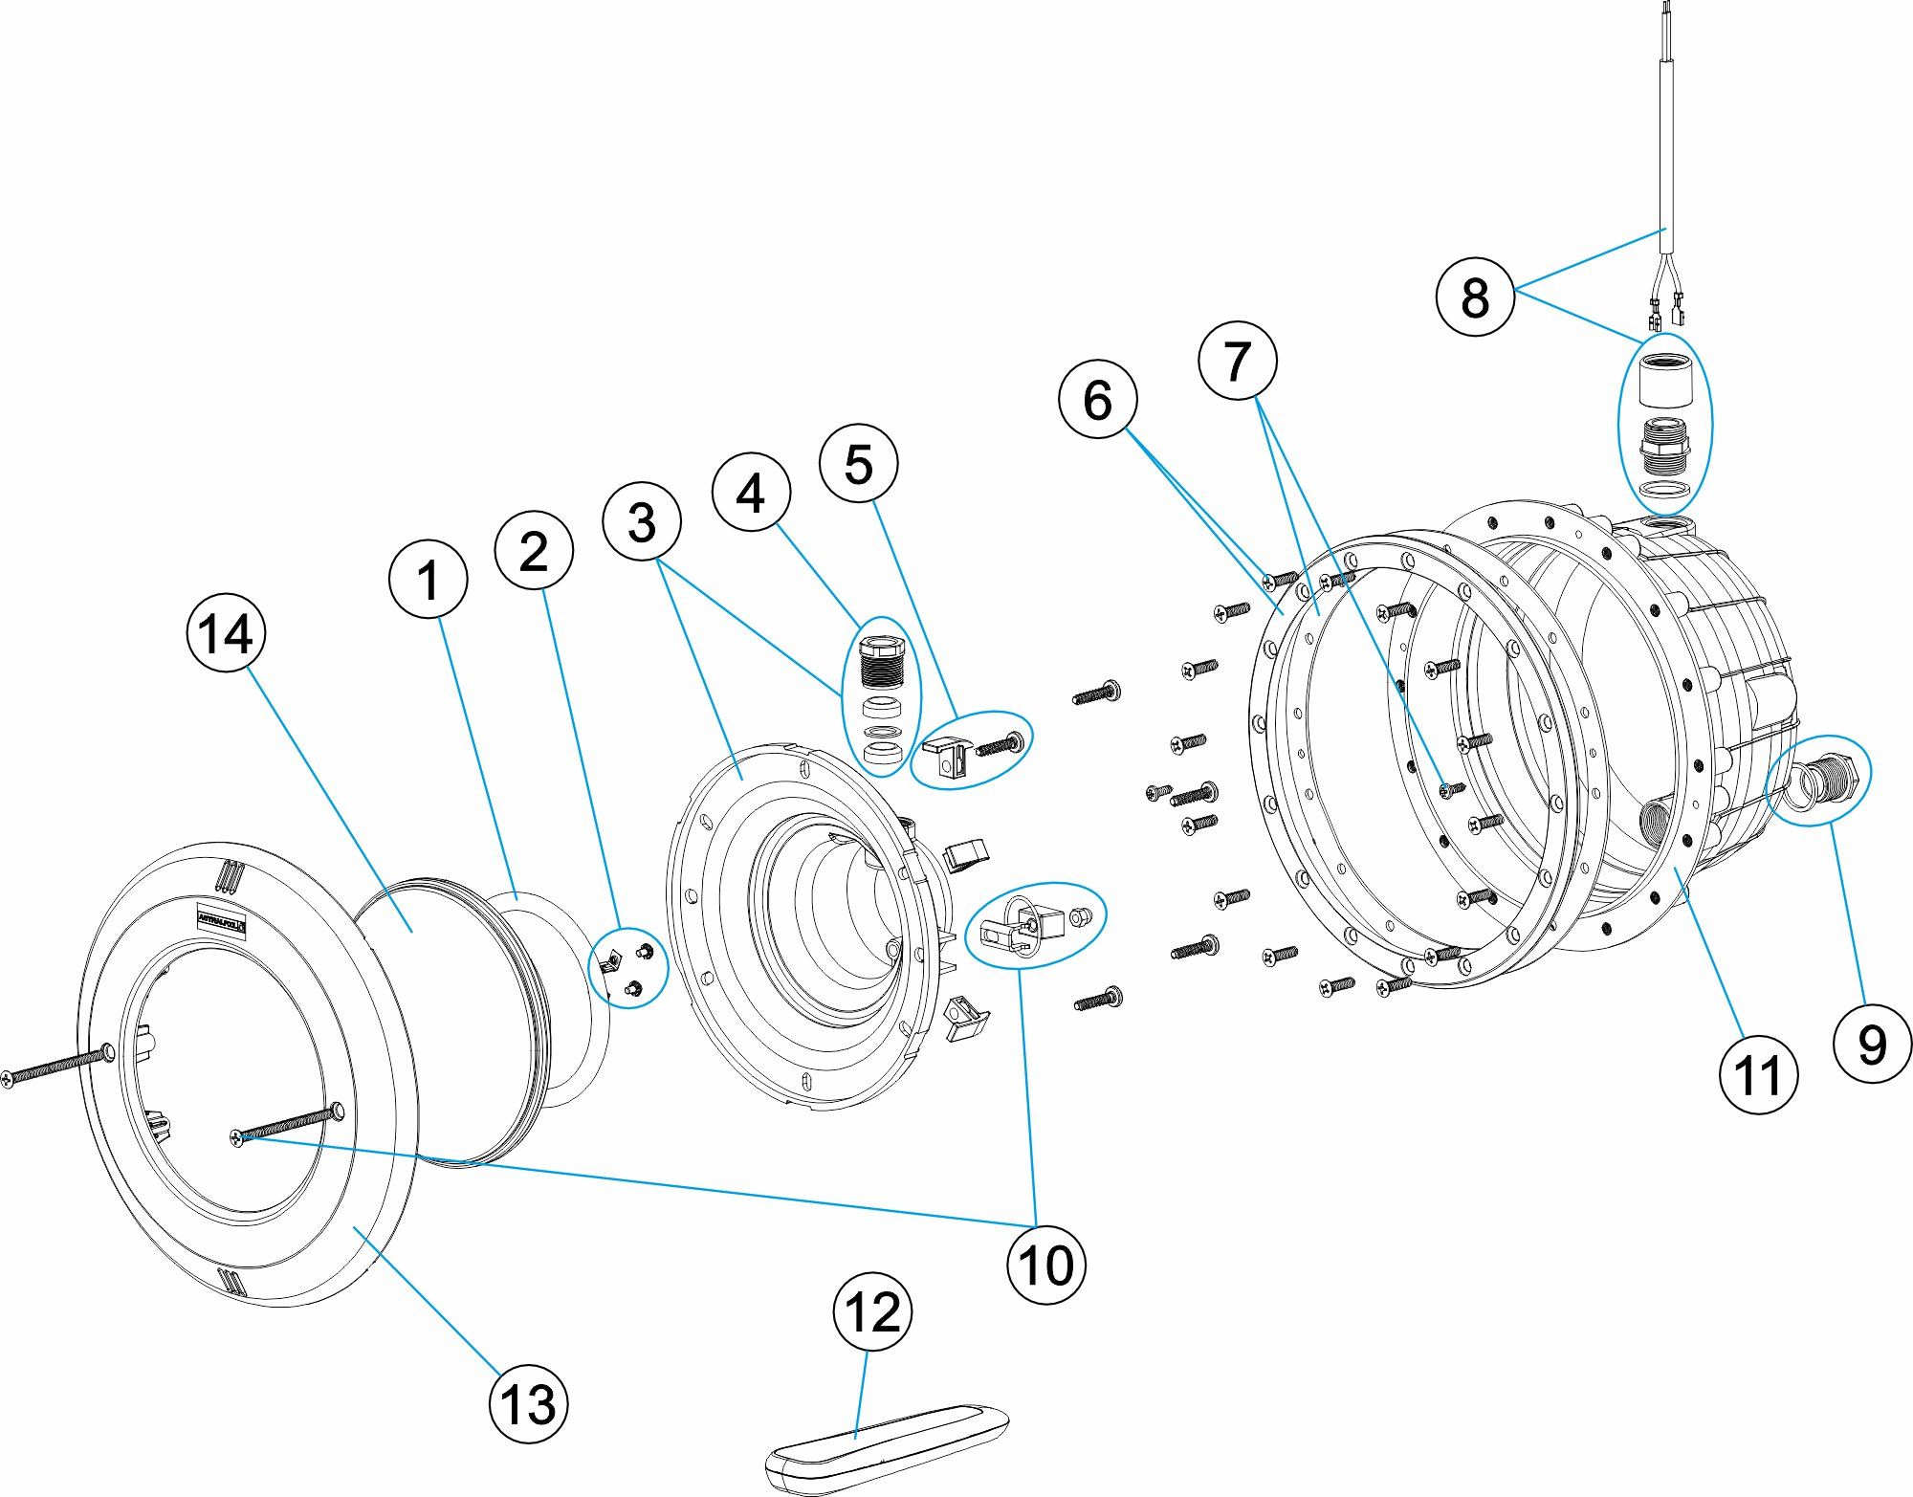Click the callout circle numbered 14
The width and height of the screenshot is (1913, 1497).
[226, 632]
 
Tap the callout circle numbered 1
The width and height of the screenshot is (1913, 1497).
[428, 580]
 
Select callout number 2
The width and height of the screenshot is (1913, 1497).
[534, 551]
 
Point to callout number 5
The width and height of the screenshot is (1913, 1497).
[859, 464]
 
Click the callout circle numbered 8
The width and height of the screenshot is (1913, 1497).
[1475, 296]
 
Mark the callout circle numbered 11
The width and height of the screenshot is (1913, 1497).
[1758, 1074]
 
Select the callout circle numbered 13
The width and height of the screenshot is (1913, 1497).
[528, 1404]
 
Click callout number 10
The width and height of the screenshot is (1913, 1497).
[1046, 1265]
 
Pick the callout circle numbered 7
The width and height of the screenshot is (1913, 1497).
[1238, 361]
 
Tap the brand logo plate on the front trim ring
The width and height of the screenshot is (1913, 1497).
[222, 920]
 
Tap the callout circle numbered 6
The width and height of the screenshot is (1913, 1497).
[1098, 399]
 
